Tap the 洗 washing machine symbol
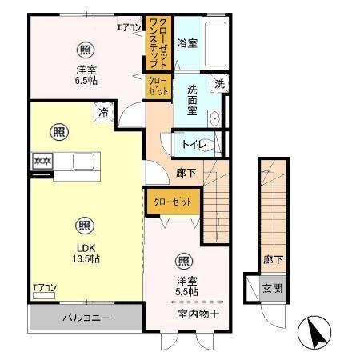(x=218, y=83)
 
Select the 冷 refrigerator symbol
(x=104, y=114)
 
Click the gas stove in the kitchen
(x=42, y=161)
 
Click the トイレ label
(x=195, y=145)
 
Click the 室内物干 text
(x=198, y=312)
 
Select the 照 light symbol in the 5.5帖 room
(x=183, y=260)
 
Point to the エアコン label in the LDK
(x=44, y=287)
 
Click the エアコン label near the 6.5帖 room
(x=128, y=28)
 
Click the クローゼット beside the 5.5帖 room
(x=172, y=202)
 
